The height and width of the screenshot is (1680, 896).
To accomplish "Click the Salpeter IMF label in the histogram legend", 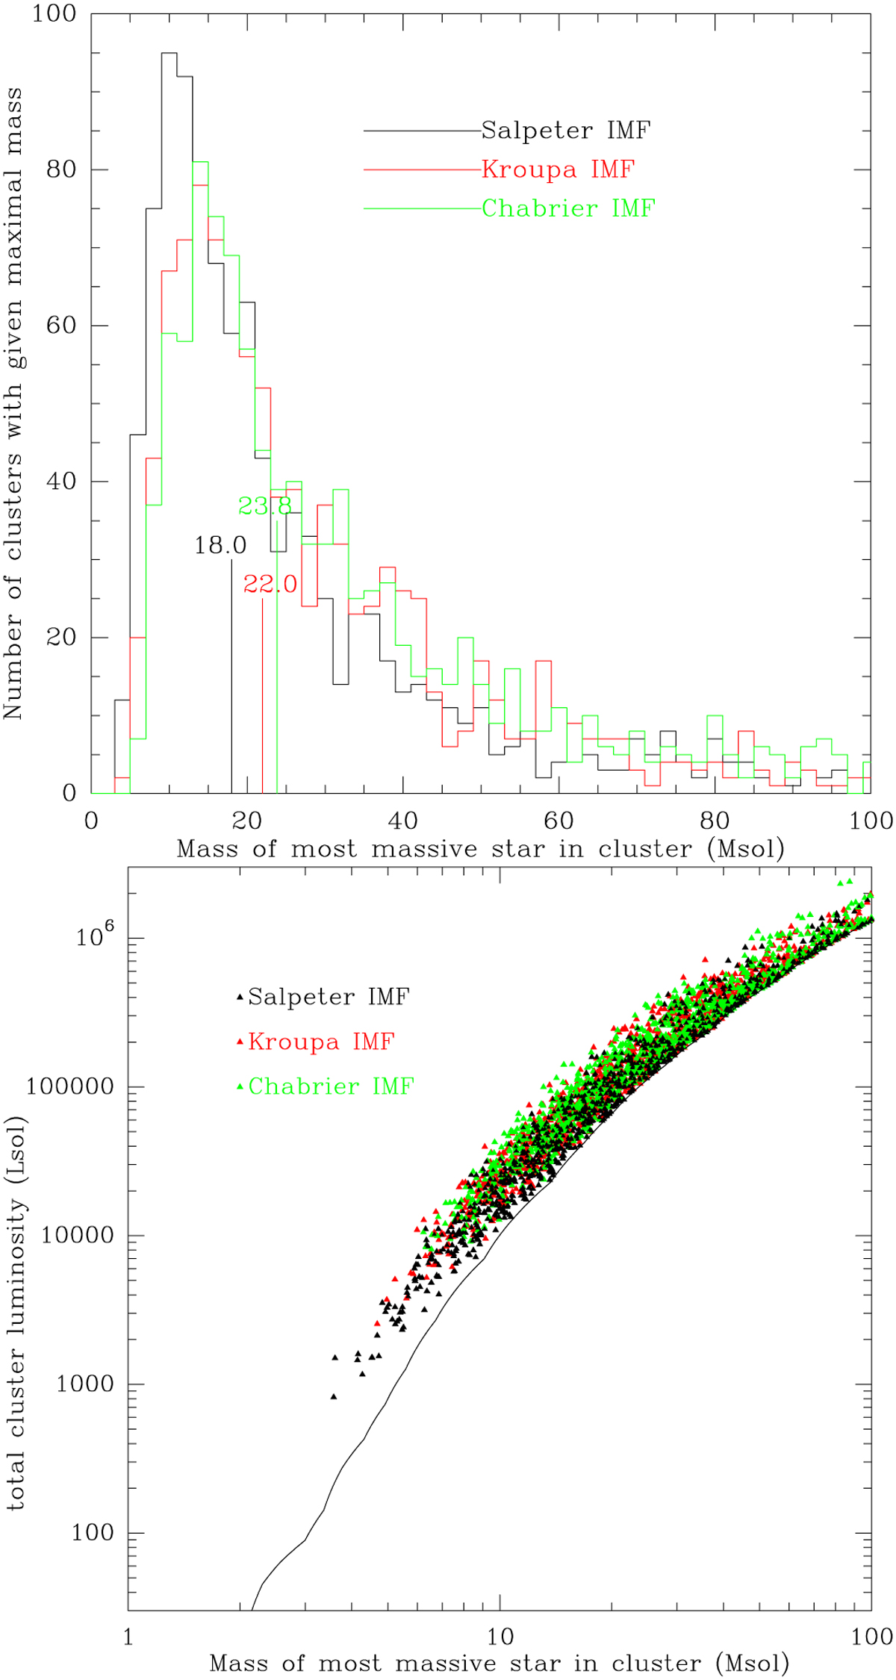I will pos(565,131).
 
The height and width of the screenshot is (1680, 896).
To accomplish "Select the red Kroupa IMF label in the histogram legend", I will pos(558,169).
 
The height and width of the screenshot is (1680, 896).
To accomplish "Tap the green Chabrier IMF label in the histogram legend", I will pos(568,208).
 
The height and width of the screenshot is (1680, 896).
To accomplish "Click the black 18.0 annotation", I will pos(220,546).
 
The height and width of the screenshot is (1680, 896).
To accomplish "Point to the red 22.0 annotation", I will pos(270,585).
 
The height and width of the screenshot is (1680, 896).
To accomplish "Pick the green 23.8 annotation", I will pos(265,507).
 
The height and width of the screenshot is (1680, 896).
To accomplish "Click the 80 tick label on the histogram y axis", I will pos(61,169).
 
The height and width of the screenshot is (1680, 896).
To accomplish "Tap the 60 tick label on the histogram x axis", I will pos(558,821).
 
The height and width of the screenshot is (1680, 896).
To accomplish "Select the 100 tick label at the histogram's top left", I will pos(54,13).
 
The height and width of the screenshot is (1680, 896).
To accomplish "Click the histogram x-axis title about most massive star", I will pos(481,849).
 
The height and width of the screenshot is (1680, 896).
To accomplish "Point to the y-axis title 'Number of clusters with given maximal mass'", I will pos(13,403).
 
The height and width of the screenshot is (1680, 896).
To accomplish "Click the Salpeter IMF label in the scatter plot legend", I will pos(329,997).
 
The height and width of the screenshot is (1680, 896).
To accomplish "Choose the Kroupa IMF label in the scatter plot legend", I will pos(321,1042).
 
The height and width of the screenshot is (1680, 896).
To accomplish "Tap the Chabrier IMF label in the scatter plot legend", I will pos(331,1086).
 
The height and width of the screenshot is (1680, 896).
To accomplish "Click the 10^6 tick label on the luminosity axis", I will pos(99,935).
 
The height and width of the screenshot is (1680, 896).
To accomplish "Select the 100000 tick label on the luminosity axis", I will pos(70,1087).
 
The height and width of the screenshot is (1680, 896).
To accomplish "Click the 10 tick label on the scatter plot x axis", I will pos(500,1637).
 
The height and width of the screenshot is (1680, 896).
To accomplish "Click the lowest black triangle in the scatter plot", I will pos(334,1396).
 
